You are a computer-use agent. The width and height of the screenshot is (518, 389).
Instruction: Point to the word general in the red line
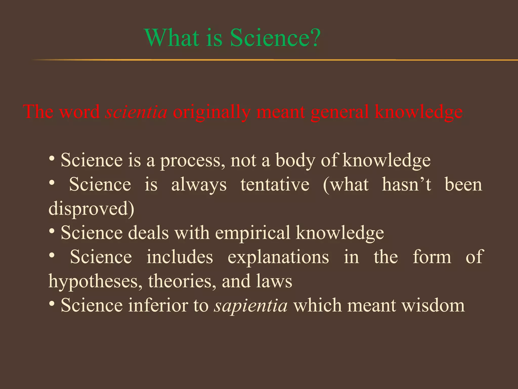point(340,112)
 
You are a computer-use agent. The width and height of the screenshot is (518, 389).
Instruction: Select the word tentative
point(275,184)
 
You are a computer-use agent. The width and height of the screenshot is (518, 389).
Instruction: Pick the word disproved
point(91,209)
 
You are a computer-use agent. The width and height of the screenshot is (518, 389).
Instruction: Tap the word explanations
point(278,257)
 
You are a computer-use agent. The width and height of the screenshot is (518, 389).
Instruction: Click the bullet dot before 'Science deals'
point(52,231)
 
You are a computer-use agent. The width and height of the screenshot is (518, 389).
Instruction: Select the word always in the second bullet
point(199,185)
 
